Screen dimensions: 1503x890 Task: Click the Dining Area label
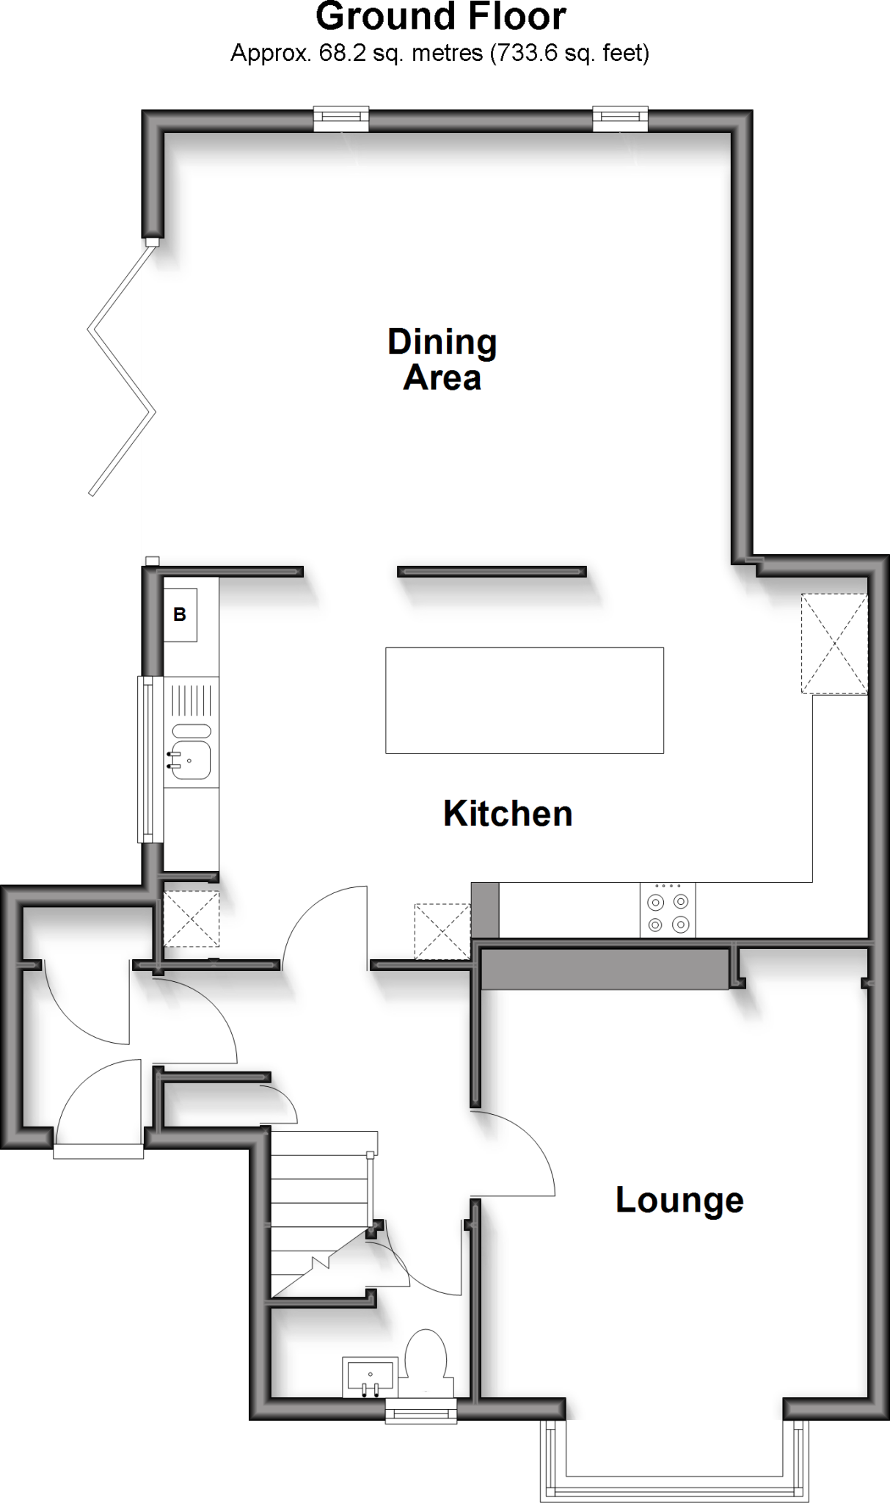(442, 360)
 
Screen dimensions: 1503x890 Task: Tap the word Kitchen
(508, 814)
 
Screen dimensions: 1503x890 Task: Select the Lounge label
(679, 1200)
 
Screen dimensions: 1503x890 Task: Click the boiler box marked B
(180, 615)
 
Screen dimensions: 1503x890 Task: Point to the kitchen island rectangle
(525, 700)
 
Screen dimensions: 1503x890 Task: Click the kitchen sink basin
(191, 759)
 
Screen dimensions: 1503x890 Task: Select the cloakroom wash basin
(370, 1377)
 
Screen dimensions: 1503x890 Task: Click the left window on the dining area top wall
(341, 119)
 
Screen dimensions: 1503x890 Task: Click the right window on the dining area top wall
(620, 119)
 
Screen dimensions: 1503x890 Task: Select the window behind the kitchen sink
(150, 759)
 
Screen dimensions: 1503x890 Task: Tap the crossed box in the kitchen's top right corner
(834, 644)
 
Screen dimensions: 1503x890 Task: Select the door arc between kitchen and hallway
(323, 925)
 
